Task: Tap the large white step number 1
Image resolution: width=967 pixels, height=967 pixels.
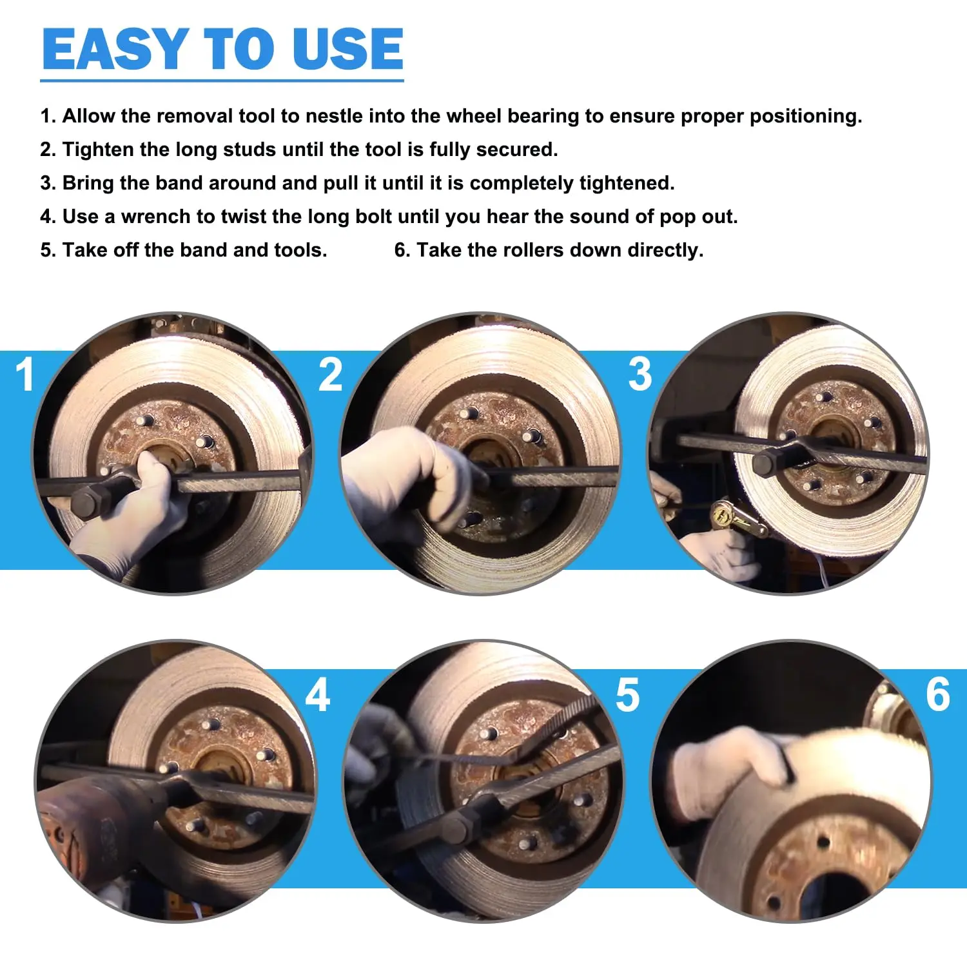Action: pyautogui.click(x=26, y=375)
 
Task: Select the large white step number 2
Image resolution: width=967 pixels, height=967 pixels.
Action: pyautogui.click(x=330, y=375)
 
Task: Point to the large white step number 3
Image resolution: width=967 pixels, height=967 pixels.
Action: pyautogui.click(x=640, y=375)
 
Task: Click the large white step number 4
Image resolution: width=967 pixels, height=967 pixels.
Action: pyautogui.click(x=318, y=695)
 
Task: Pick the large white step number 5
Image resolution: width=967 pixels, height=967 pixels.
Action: pyautogui.click(x=628, y=695)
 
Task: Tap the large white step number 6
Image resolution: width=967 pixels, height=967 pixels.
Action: pyautogui.click(x=938, y=695)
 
